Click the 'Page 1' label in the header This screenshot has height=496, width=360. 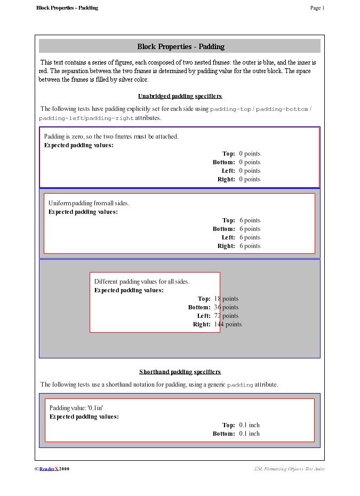coord(317,8)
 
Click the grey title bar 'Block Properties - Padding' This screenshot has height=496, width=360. coord(180,46)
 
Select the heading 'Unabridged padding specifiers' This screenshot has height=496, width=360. coord(180,96)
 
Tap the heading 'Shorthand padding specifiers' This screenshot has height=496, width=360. coord(180,372)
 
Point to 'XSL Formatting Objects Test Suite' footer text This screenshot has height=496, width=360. coord(289,469)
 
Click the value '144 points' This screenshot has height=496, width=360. coord(228,324)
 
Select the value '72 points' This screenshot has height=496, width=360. coord(226,316)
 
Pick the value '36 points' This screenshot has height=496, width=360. coord(226,307)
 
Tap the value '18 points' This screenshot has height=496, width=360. coord(226,299)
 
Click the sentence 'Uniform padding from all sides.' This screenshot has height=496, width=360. coord(89,203)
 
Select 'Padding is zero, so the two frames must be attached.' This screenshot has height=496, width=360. coord(111,137)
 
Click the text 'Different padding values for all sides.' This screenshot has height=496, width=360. coord(142,282)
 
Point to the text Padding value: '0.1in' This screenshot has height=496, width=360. coord(76,408)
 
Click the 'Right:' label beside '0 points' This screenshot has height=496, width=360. coord(226,179)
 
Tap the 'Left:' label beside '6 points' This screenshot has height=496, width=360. coord(228,237)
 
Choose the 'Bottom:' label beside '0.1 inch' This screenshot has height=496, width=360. coord(223,434)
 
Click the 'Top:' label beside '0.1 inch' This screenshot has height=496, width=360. coord(228,425)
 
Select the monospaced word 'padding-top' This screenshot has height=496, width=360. coord(230,109)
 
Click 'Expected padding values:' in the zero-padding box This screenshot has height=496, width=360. coord(78,145)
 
